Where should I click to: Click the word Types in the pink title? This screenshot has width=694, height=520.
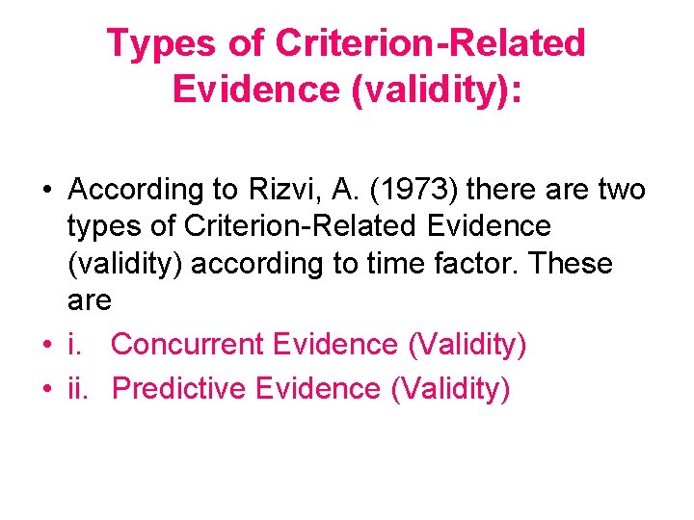point(165,43)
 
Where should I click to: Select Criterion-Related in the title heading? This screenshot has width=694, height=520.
point(430,43)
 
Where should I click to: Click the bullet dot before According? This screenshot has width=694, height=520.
point(47,191)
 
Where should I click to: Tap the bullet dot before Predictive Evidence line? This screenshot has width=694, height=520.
point(47,389)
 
